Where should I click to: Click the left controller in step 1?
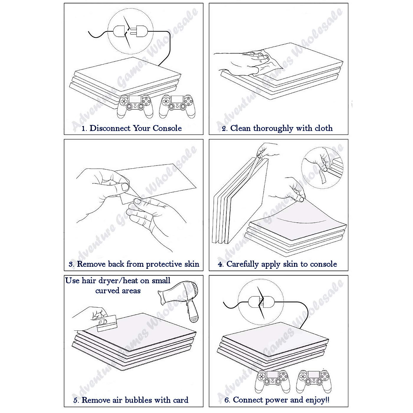(x=135, y=106)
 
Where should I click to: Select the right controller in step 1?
(x=177, y=106)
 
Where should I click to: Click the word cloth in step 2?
(x=324, y=128)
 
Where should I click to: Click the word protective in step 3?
(x=164, y=264)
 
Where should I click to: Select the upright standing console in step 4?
(x=240, y=201)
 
